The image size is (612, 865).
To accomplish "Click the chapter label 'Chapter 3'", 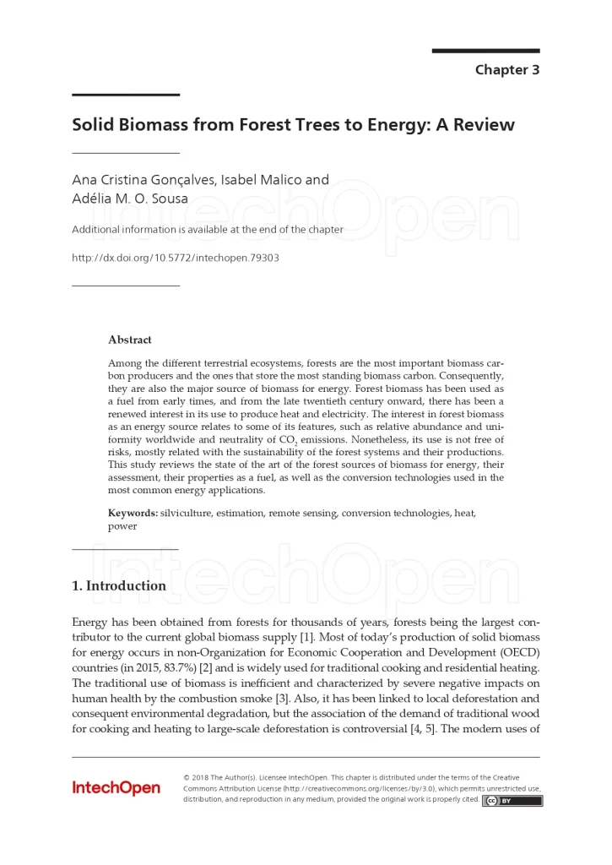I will (x=506, y=70).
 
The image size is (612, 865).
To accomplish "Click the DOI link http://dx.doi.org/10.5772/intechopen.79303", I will (x=175, y=257).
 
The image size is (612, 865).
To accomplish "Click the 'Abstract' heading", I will (x=130, y=340).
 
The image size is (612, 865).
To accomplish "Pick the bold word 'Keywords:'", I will (x=133, y=513).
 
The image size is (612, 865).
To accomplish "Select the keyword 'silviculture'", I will (x=188, y=513).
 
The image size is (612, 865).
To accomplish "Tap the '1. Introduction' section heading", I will (x=119, y=585).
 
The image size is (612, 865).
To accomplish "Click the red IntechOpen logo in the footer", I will (x=116, y=788).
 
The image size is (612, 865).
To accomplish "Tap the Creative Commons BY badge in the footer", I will (x=512, y=801).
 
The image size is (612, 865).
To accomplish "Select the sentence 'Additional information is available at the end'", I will (x=208, y=230).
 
